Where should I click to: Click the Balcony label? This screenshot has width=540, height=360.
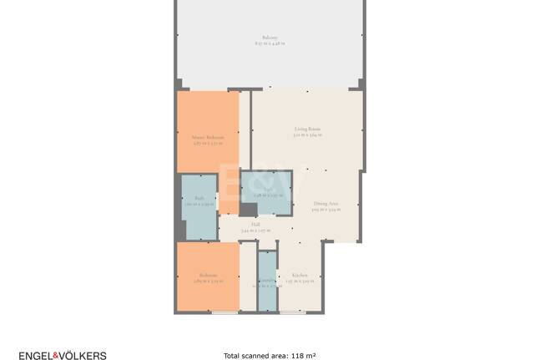269,38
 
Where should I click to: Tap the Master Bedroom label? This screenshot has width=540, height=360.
208,137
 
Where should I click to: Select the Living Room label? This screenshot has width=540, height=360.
307,129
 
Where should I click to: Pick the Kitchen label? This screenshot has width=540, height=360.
299,275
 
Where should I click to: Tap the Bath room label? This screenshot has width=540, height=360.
199,198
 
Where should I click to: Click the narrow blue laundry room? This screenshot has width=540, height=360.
266,280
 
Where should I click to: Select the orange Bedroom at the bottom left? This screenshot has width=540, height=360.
208,277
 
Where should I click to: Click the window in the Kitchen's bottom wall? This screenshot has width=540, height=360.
292,312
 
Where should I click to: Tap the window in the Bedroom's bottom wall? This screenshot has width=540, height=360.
223,312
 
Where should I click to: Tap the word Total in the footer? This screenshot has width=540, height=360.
233,356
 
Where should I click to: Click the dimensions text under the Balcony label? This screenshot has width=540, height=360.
269,45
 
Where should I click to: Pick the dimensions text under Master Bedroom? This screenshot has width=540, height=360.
208,144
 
